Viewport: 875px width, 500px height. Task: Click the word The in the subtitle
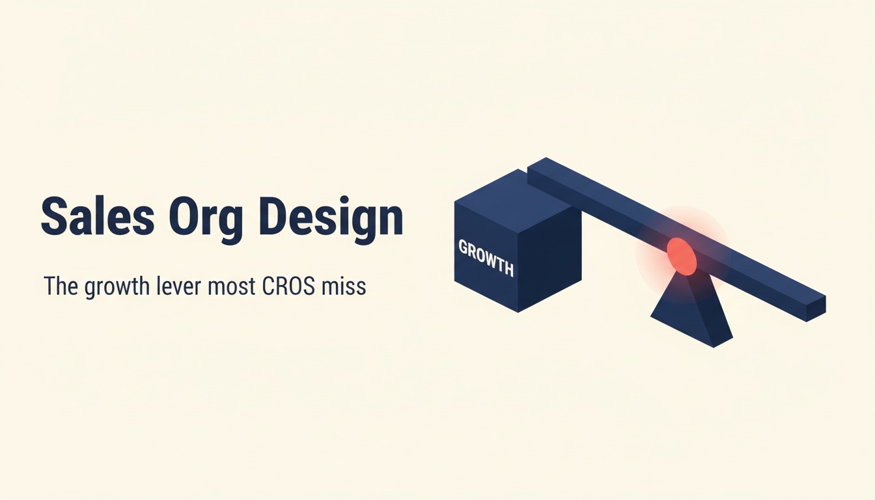61,286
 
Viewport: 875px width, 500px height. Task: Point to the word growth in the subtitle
117,288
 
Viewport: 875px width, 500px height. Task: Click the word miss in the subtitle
343,286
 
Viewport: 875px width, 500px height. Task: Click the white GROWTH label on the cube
486,258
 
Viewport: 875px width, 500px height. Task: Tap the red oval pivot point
682,257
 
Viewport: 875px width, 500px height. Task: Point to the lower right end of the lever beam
816,309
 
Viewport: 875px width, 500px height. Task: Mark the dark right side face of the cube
550,260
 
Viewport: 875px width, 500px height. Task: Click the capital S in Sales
55,216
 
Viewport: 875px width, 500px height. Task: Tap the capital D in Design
274,216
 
